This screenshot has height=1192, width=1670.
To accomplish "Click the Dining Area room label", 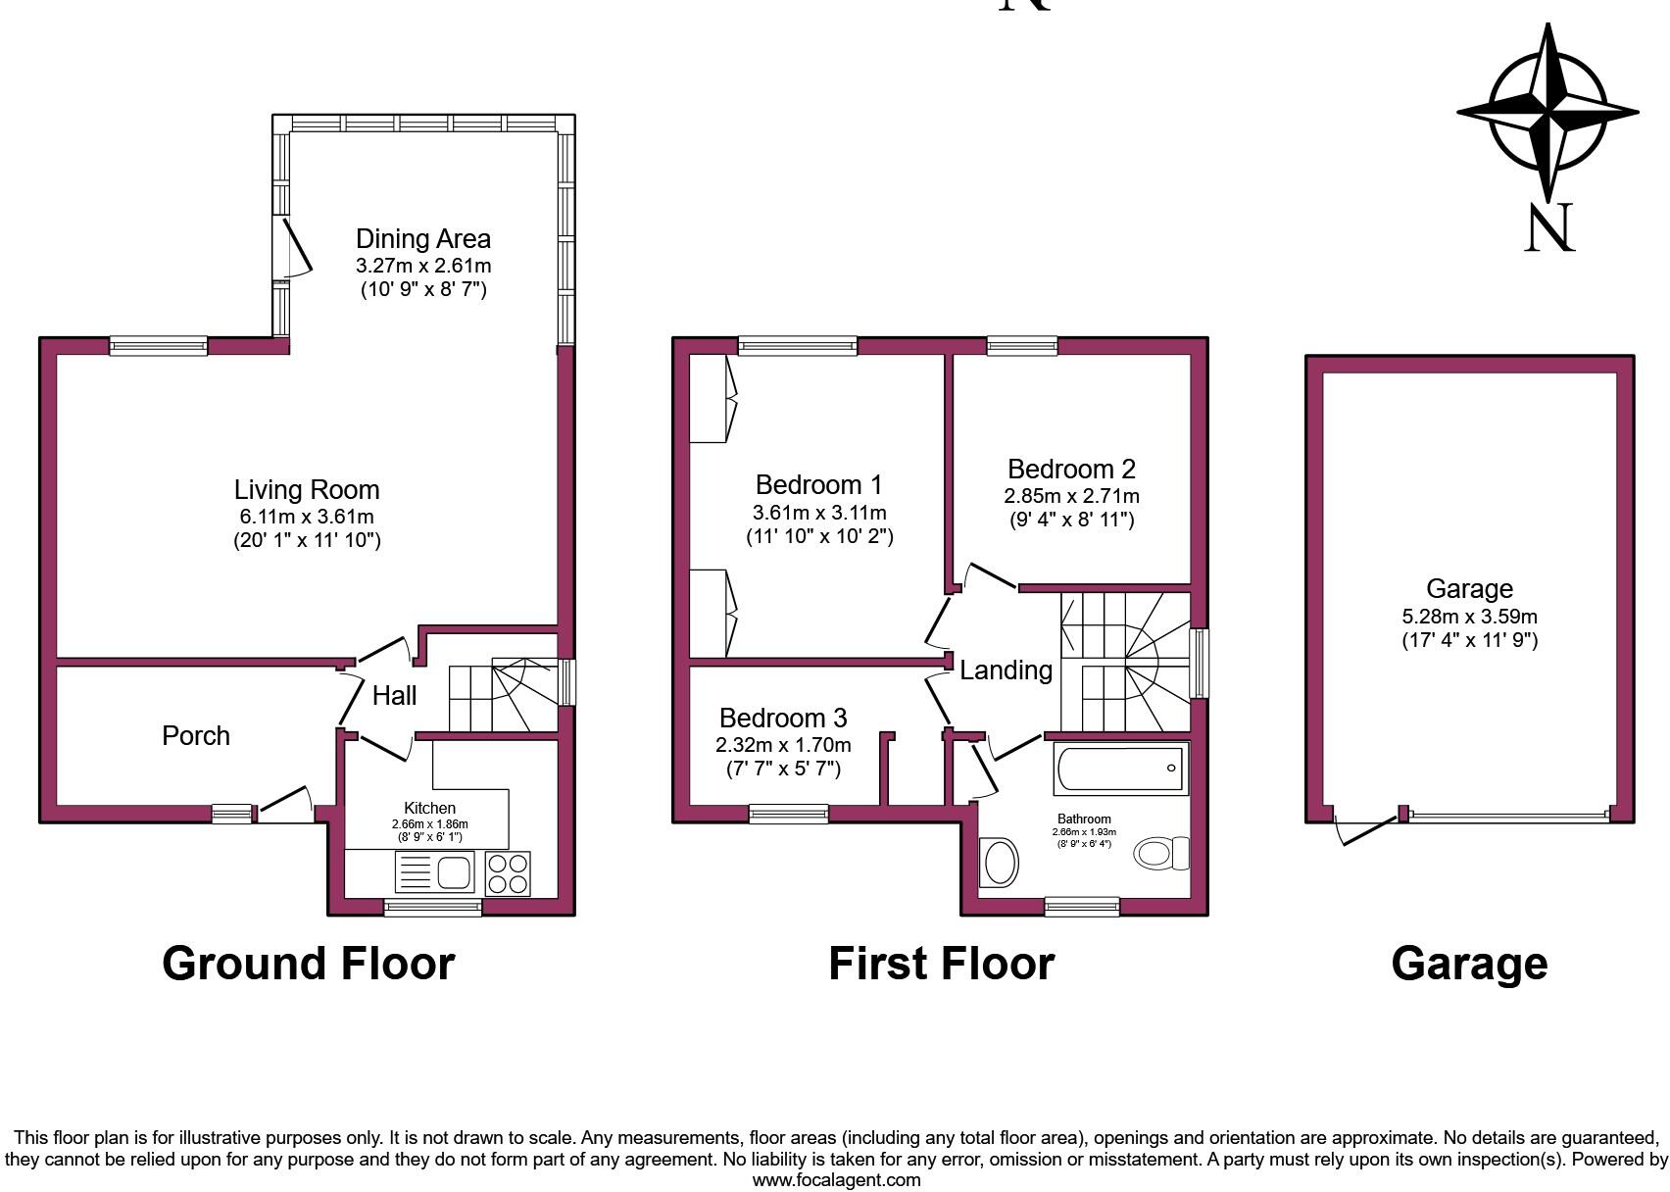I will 422,239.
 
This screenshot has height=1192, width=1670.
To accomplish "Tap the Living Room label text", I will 306,490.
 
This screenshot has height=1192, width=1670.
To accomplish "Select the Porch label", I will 196,736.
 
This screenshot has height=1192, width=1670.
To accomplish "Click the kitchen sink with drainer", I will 434,871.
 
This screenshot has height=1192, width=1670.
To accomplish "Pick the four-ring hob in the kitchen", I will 508,872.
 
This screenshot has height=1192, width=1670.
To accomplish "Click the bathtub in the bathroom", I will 1120,769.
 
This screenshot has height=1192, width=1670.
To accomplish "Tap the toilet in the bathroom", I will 1162,853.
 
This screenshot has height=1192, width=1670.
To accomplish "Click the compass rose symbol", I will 1547,113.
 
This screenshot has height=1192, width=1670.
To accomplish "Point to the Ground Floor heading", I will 308,964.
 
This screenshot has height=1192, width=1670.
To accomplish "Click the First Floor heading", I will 941,964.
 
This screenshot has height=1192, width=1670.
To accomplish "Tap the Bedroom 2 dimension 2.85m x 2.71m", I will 1071,496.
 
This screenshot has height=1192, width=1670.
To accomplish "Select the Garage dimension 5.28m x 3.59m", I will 1469,617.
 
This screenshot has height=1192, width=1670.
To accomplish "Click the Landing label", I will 1006,670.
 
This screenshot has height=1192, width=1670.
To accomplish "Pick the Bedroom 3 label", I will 783,718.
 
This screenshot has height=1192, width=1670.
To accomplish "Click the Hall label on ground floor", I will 394,696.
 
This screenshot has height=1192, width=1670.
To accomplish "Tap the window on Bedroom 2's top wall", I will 1022,345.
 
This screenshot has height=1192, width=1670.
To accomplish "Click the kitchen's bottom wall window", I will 432,907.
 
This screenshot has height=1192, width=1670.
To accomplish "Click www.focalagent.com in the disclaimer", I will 836,1180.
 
